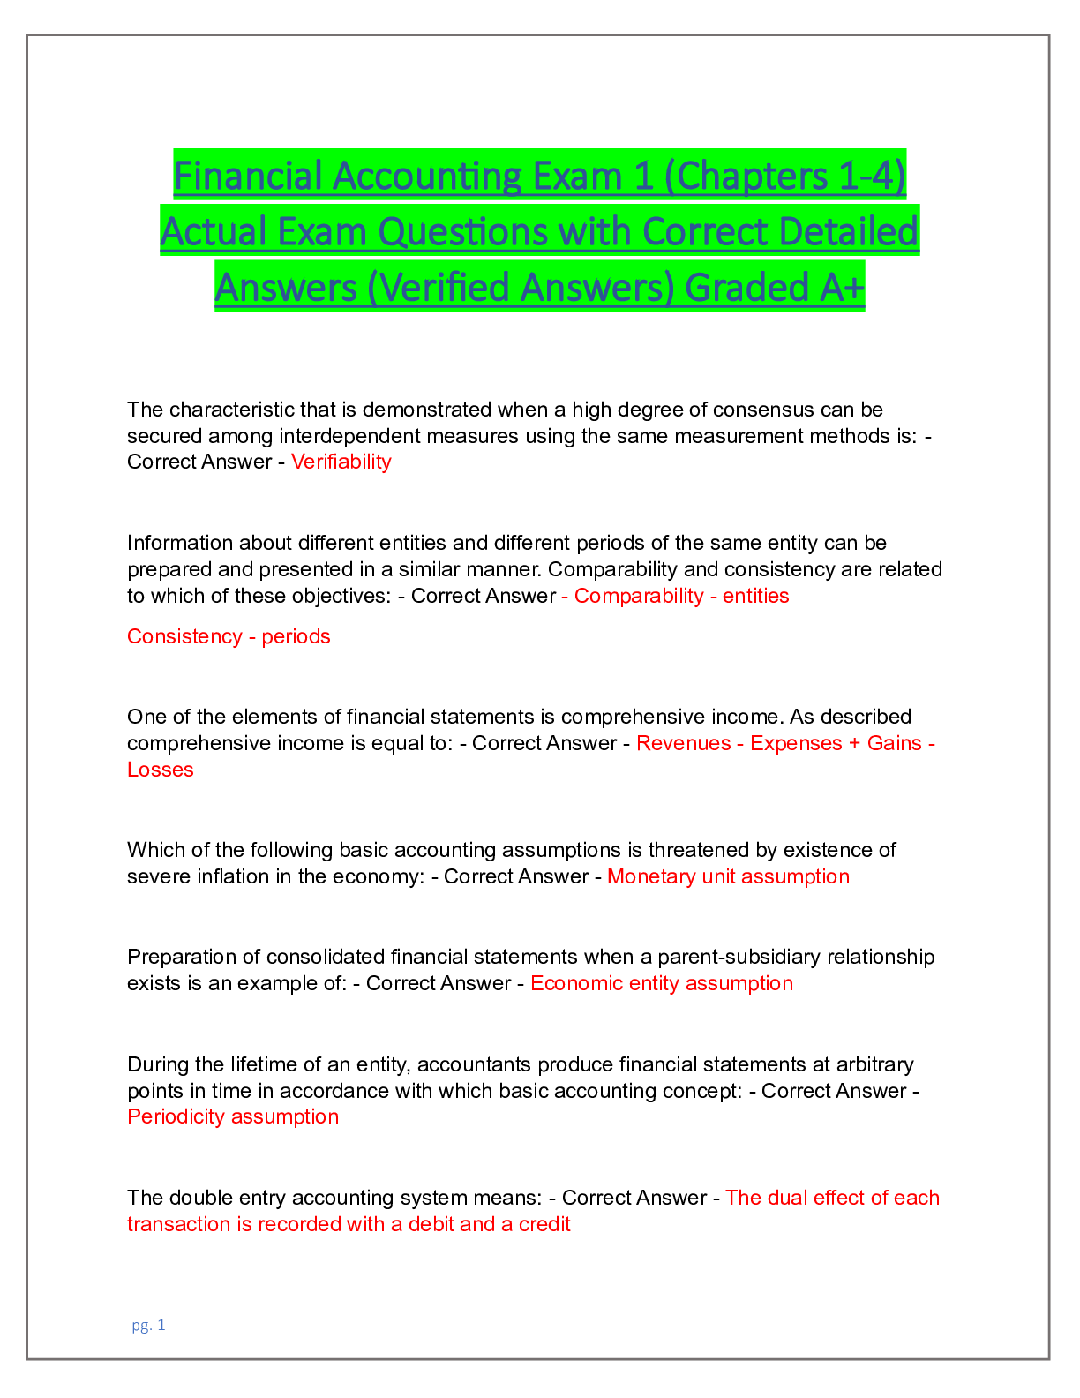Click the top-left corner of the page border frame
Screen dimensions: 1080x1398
(x=27, y=35)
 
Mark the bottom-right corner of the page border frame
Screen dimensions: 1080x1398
(x=1049, y=1359)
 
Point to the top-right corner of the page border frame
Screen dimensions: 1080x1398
(x=1049, y=35)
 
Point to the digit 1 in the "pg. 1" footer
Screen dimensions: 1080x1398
(x=161, y=1325)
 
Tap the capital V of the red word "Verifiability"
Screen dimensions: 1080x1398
(x=299, y=462)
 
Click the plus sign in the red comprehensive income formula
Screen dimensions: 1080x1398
(x=854, y=744)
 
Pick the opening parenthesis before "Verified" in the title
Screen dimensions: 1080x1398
(x=372, y=289)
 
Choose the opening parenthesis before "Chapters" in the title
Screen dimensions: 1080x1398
(x=671, y=177)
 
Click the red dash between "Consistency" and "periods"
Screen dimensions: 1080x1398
(x=252, y=637)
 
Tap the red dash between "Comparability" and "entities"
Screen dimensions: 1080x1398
(x=713, y=597)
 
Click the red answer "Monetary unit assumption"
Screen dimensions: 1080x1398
(x=728, y=876)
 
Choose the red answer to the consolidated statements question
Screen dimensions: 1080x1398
(x=661, y=983)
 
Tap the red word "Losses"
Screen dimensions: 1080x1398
(x=161, y=770)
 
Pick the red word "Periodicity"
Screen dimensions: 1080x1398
(x=176, y=1116)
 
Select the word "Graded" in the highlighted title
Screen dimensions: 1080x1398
(x=746, y=289)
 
